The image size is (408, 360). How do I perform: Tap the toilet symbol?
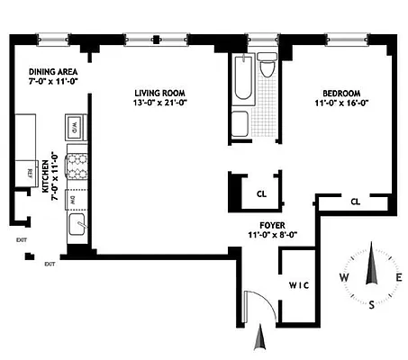267,69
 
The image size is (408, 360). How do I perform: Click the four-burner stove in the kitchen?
77,166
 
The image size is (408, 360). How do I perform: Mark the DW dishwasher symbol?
76,199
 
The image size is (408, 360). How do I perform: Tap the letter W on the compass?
343,277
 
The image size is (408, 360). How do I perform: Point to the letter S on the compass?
371,304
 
